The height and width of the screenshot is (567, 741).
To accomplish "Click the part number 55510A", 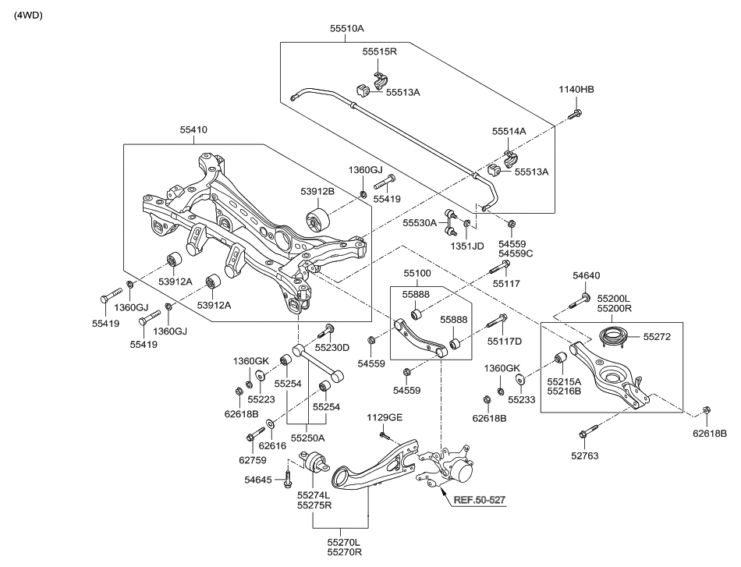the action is click(347, 28).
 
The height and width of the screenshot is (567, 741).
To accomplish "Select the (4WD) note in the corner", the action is click(28, 15).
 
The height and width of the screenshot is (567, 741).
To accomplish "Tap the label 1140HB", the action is click(576, 90).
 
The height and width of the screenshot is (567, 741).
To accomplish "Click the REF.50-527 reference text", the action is click(480, 499).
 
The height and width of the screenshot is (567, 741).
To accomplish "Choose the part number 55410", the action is click(193, 129).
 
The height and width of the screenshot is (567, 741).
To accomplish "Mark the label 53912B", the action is click(317, 191).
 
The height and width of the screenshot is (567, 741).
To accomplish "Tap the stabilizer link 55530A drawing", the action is click(450, 223).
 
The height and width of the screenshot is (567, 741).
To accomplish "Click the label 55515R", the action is click(380, 51).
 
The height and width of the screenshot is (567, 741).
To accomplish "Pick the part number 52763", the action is click(584, 456).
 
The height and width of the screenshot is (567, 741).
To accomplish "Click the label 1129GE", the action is click(385, 418).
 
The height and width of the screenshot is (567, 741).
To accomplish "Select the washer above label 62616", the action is click(270, 423).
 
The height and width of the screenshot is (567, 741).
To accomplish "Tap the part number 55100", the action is click(417, 273).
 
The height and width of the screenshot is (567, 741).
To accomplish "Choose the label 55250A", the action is click(308, 438).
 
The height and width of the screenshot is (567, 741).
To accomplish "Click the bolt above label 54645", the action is click(288, 479).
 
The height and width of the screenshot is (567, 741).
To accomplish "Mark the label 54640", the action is click(587, 275).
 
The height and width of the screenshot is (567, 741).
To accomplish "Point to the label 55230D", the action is click(332, 348).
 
